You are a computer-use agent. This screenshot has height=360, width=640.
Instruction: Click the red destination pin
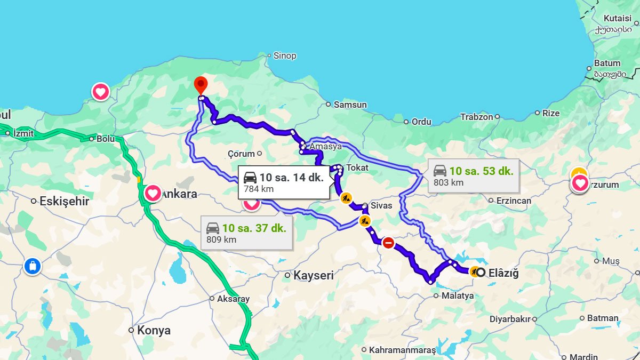coord(201,85)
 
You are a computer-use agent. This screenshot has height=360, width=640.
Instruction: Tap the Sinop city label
coord(285,55)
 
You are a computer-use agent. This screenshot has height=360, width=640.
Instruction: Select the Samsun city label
coord(350,105)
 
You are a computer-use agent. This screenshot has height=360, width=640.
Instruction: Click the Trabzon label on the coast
coord(476,116)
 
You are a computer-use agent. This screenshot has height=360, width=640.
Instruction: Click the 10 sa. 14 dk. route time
coord(291,178)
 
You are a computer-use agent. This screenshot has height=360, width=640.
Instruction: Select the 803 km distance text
coord(449,182)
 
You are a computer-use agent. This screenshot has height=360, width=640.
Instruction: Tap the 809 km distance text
coord(221,239)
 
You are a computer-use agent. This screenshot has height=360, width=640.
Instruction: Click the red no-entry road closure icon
coord(388,243)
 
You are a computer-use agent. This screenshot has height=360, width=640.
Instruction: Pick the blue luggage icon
coord(33,266)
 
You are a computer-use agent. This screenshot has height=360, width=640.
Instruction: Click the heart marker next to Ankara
coord(153,193)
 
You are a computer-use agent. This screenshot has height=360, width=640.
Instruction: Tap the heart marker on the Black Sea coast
coord(100,92)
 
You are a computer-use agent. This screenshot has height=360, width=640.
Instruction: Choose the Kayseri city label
coord(313,275)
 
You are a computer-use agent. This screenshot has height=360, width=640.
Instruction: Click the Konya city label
coord(154,330)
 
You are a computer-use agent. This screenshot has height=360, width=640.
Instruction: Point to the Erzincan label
coord(514,201)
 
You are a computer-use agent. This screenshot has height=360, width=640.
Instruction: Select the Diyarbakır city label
coord(510,319)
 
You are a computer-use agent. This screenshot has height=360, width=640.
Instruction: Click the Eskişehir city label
coord(63,202)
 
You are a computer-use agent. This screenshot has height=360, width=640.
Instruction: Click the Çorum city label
coord(241,154)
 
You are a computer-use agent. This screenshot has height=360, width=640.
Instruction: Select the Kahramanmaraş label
coord(402,350)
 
